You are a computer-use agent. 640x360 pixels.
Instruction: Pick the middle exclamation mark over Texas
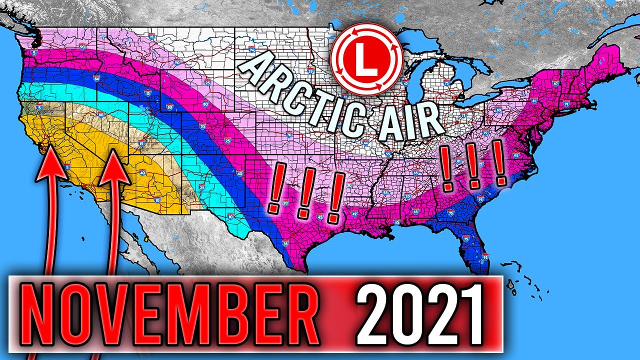304,192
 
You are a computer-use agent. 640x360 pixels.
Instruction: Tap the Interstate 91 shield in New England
566,103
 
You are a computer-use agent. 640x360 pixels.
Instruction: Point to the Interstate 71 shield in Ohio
464,116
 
